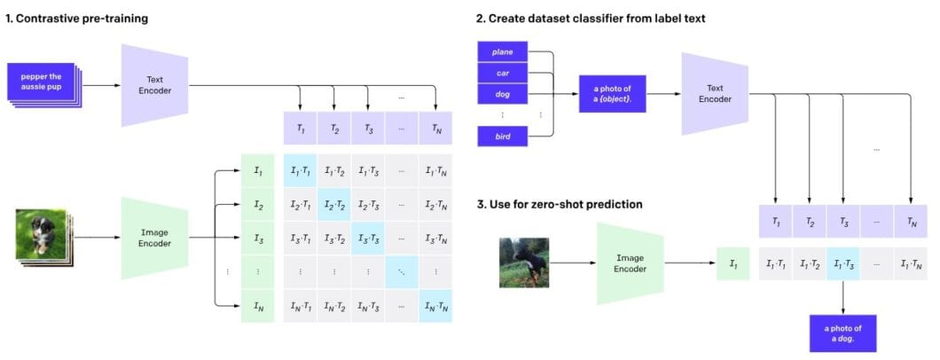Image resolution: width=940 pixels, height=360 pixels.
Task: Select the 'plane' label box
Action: (x=503, y=51)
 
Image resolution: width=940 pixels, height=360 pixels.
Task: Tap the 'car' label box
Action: (x=503, y=71)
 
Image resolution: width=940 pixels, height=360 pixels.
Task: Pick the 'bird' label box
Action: (x=503, y=136)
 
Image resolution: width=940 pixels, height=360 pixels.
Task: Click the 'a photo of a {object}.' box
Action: (x=612, y=91)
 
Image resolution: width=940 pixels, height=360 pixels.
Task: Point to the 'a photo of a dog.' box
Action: (x=842, y=333)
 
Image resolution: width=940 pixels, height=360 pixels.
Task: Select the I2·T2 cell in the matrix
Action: (x=334, y=206)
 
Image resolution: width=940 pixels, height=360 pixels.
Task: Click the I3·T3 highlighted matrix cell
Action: (x=368, y=239)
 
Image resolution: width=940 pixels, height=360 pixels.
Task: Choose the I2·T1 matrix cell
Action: (x=301, y=206)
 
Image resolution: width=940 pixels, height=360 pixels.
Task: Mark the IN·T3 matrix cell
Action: (x=368, y=307)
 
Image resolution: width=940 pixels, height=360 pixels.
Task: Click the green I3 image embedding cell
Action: (x=258, y=239)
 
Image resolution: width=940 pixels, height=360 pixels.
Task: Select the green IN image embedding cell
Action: (x=258, y=307)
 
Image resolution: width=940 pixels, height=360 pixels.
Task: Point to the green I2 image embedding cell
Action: (x=258, y=206)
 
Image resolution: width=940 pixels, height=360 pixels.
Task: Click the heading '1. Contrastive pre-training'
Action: (x=78, y=18)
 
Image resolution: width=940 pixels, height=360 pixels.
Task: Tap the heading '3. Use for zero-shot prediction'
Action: (x=560, y=205)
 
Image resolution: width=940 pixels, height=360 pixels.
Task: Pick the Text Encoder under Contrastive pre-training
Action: (x=155, y=85)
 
